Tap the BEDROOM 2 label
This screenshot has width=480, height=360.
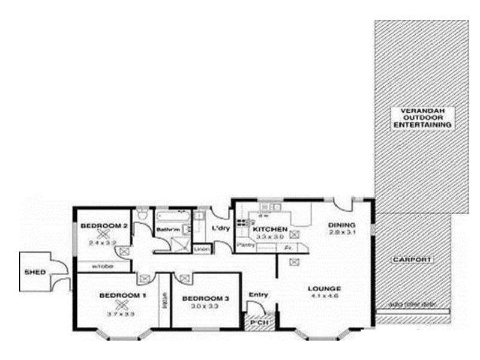click(x=104, y=226)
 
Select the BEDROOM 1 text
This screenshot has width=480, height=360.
click(x=122, y=295)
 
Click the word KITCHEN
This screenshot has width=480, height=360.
click(x=269, y=230)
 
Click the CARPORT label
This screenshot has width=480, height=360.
click(x=412, y=259)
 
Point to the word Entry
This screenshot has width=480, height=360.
click(x=258, y=294)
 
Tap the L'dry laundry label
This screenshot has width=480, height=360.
click(x=218, y=228)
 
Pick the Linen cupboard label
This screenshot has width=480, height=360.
click(x=202, y=248)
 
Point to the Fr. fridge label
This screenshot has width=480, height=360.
click(x=288, y=247)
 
